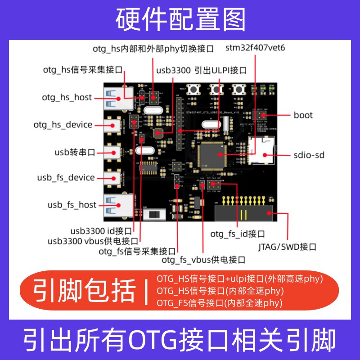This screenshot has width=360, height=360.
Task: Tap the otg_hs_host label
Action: click(67, 97)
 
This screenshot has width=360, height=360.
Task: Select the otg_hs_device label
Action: click(63, 125)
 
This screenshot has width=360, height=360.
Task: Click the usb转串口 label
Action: click(75, 152)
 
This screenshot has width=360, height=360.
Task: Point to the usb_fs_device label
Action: click(66, 178)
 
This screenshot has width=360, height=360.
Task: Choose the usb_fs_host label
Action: click(72, 205)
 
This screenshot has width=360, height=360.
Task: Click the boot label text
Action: click(303, 115)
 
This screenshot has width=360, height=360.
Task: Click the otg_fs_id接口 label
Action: click(237, 234)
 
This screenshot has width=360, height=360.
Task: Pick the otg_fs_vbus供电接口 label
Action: click(203, 260)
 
